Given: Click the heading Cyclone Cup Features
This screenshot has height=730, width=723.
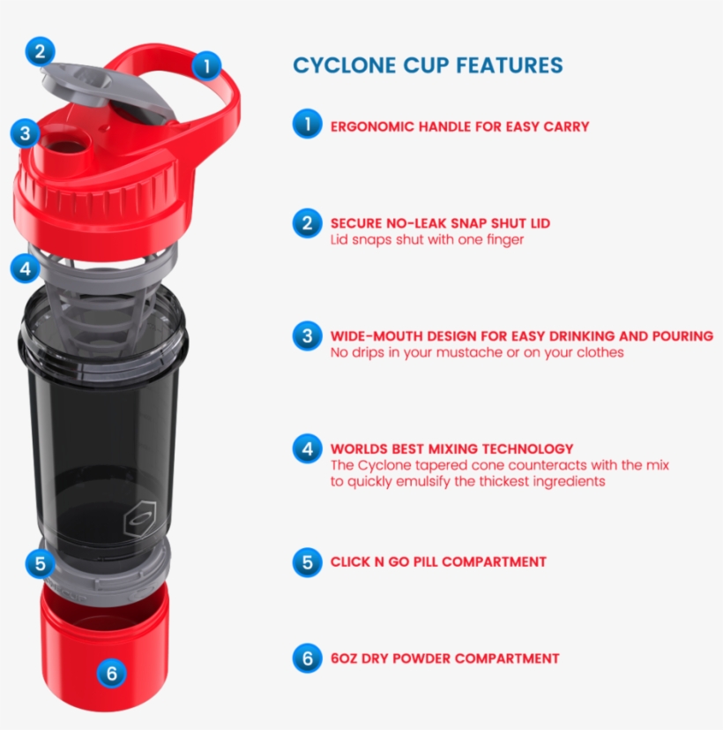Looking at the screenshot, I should coord(428,65).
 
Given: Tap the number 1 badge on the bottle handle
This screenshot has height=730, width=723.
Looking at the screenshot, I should coord(206,64).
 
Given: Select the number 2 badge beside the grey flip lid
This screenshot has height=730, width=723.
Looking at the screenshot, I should coord(38,50).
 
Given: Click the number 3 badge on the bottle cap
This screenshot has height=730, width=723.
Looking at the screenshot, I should coord(25,134).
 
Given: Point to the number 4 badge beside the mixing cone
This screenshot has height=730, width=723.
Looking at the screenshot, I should coord(25,267).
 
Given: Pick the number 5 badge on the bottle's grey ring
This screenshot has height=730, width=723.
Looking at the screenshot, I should coord(38,562).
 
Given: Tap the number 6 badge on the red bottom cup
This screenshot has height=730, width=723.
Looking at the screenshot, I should coord(111,674).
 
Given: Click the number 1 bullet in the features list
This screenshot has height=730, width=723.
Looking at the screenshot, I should coord(307,124).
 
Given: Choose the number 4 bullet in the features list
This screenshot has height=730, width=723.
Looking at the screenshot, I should coord(307,448).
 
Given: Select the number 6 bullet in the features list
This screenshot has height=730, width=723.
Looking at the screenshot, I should coord(307,658).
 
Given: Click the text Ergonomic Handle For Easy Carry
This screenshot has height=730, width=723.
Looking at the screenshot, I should coord(459,126).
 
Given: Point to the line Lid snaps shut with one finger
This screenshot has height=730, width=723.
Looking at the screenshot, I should coord(427,239).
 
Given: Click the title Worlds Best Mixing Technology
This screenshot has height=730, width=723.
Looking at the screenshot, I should coord(451,448).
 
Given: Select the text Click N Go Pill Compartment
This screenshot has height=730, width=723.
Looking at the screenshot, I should coord(438,561).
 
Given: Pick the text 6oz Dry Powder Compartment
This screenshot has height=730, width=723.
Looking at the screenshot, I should coord(444,658).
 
